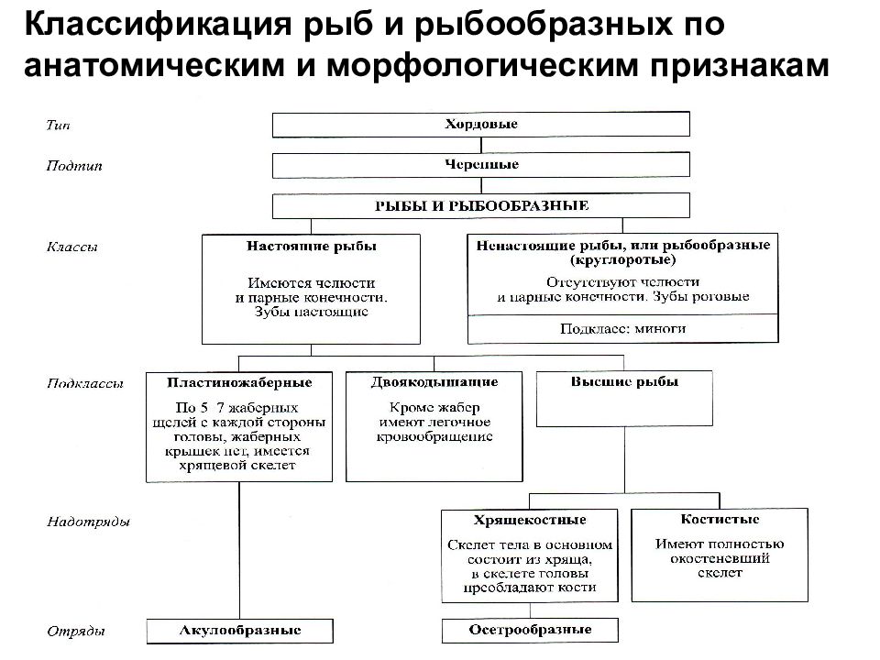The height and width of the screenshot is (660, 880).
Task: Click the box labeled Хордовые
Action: tap(481, 125)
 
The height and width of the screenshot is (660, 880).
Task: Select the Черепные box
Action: tap(481, 165)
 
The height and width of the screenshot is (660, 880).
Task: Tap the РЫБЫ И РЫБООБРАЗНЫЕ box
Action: tap(481, 206)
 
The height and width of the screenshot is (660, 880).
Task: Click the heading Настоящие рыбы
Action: tap(312, 247)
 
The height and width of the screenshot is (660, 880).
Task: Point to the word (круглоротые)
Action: tap(623, 259)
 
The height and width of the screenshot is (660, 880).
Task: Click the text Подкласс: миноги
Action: tap(623, 328)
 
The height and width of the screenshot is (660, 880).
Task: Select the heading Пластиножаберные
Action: tap(239, 383)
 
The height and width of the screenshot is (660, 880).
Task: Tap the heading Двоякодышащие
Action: tap(434, 382)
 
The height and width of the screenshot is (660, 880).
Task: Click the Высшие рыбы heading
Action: tap(624, 381)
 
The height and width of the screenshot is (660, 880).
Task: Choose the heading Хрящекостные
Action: tap(530, 520)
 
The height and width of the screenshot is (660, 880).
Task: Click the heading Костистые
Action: tap(720, 519)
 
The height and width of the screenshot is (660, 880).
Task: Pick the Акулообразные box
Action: tap(239, 631)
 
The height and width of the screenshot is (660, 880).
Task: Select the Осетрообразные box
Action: tap(530, 631)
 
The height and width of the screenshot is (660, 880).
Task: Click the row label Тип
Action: tap(59, 126)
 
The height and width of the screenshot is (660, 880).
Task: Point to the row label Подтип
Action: tap(74, 166)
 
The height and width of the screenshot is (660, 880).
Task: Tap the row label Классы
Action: tap(71, 247)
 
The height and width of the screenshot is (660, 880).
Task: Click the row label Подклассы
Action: tap(84, 384)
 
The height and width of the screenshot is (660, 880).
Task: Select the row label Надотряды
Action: tap(88, 522)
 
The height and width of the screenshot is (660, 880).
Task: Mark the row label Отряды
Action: tap(75, 632)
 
